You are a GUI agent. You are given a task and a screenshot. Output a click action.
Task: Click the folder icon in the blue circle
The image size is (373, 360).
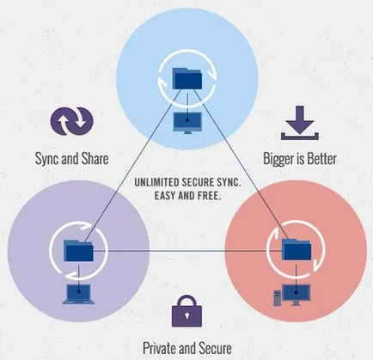pos(187,78)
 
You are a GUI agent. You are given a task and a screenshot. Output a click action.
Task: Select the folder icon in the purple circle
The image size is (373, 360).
pos(78,251)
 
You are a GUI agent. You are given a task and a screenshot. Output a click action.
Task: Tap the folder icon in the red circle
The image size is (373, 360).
pos(297,249)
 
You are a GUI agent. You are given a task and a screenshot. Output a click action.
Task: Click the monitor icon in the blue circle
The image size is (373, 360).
pos(187,122)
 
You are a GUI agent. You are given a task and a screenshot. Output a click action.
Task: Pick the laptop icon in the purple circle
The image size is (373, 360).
pos(78,294)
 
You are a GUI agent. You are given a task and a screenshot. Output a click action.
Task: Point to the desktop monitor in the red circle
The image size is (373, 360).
pos(297,295)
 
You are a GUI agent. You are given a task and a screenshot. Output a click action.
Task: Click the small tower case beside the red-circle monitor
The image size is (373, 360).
pos(277,298)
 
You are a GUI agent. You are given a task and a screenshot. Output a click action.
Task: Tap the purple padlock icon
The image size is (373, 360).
pos(186,311)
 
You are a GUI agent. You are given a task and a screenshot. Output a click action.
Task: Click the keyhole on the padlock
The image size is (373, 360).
pos(186,315)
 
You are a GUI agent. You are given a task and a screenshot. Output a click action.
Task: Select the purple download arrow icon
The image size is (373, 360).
pos(300,123)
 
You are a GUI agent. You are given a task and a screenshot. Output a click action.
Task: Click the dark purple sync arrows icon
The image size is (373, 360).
pos(72,121)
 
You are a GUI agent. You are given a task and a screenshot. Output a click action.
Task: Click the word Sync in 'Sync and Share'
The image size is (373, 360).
pos(47,159)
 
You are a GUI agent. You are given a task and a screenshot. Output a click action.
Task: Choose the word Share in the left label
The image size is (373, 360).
pos(95,158)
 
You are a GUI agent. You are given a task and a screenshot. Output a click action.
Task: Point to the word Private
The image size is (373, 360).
pos(159,348)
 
